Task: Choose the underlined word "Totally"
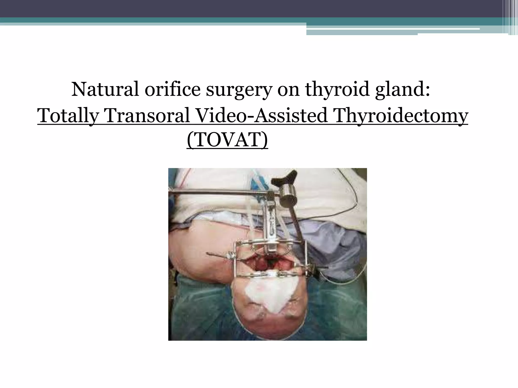pos(68,116)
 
